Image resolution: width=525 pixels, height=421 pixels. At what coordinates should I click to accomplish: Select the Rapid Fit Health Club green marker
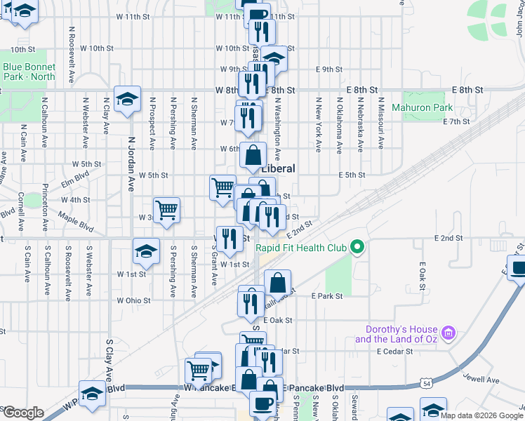click(357, 247)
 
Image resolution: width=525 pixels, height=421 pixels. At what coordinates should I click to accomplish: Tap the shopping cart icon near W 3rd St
click(167, 209)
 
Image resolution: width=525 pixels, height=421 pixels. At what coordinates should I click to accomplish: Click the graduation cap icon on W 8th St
click(128, 98)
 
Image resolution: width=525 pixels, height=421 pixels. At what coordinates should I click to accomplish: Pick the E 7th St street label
click(456, 121)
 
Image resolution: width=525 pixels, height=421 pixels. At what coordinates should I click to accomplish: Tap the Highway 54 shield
click(427, 383)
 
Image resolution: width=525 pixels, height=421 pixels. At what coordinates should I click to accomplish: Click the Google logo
click(22, 412)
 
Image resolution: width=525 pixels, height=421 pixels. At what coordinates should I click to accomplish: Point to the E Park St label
click(326, 296)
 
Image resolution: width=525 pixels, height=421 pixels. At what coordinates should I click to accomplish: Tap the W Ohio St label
click(134, 300)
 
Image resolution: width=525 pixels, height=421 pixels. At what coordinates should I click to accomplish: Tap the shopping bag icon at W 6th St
click(253, 154)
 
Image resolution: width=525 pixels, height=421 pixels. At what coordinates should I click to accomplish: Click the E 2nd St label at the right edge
click(448, 239)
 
